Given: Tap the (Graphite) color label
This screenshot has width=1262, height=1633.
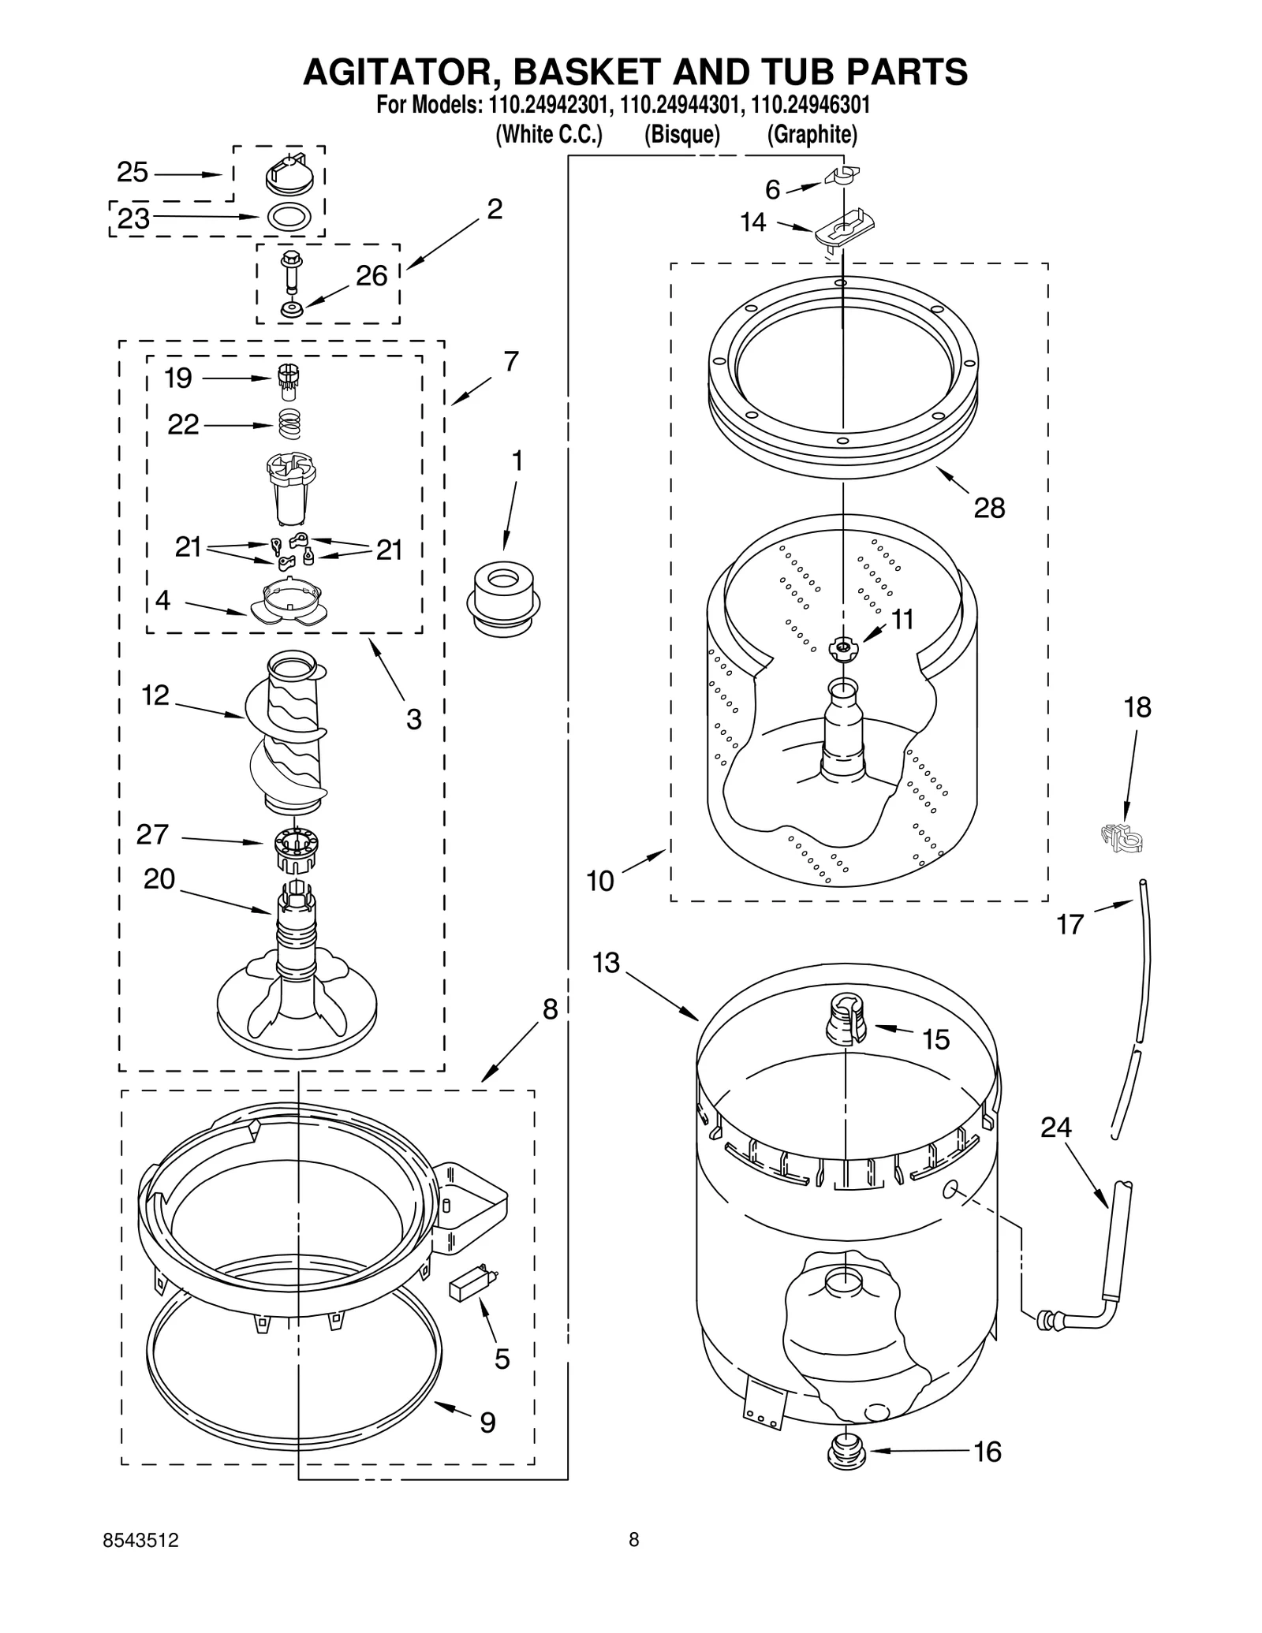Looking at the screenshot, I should click(x=812, y=135).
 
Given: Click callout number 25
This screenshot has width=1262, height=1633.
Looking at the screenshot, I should click(x=133, y=173).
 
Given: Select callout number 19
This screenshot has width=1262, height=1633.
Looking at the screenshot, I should click(x=178, y=378).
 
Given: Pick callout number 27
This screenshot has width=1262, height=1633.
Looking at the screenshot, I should click(x=152, y=835).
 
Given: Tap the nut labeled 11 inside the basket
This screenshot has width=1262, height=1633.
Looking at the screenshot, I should click(x=842, y=648).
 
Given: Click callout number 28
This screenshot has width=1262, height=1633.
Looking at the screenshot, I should click(x=989, y=509).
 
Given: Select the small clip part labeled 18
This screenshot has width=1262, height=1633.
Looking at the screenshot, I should click(x=1122, y=839).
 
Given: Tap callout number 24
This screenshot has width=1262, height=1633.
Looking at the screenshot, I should click(x=1055, y=1128).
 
